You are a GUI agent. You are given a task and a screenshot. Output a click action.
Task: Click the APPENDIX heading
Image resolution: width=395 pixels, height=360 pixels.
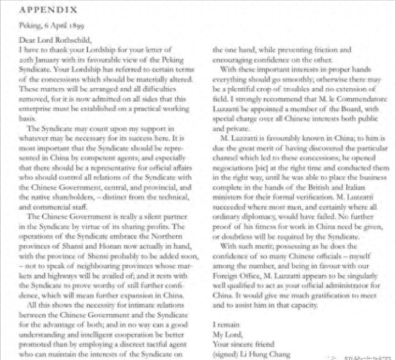tap(49, 10)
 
